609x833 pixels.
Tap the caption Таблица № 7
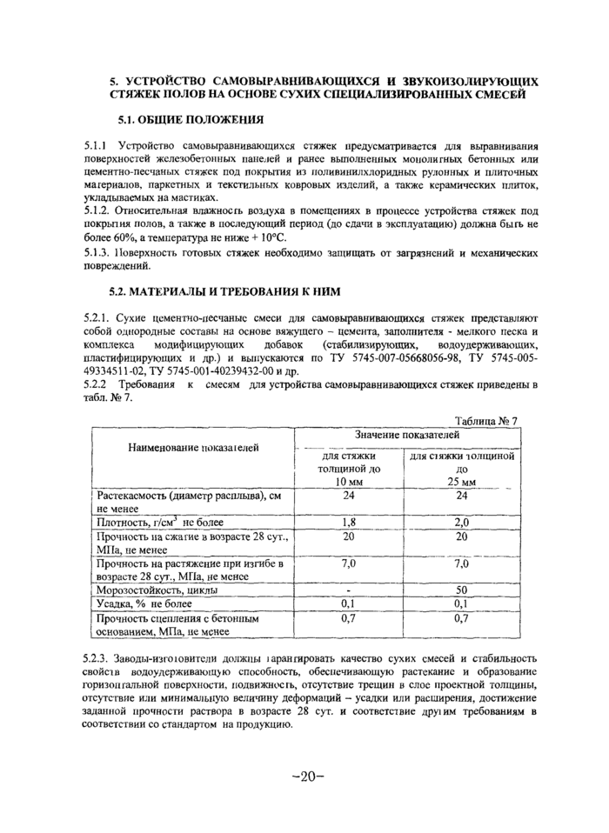tap(486, 421)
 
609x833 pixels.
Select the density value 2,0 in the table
tap(462, 523)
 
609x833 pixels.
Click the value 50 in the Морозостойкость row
tap(462, 590)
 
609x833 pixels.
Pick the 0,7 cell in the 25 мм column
tap(462, 618)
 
